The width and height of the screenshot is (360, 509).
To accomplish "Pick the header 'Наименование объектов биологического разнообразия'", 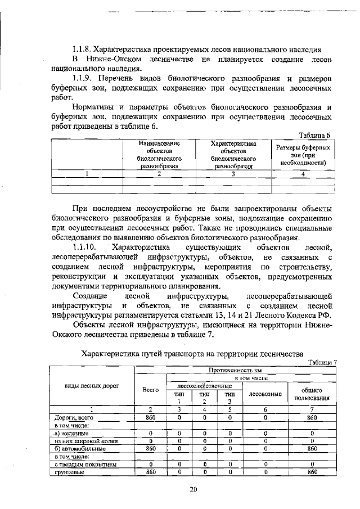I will click(x=154, y=155).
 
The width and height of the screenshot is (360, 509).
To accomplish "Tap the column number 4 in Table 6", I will click(x=303, y=174).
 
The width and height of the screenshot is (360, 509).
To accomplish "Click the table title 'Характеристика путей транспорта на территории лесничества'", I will click(x=193, y=354).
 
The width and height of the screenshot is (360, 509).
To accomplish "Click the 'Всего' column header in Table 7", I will click(x=150, y=389).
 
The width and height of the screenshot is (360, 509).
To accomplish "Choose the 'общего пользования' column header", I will click(x=312, y=394).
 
